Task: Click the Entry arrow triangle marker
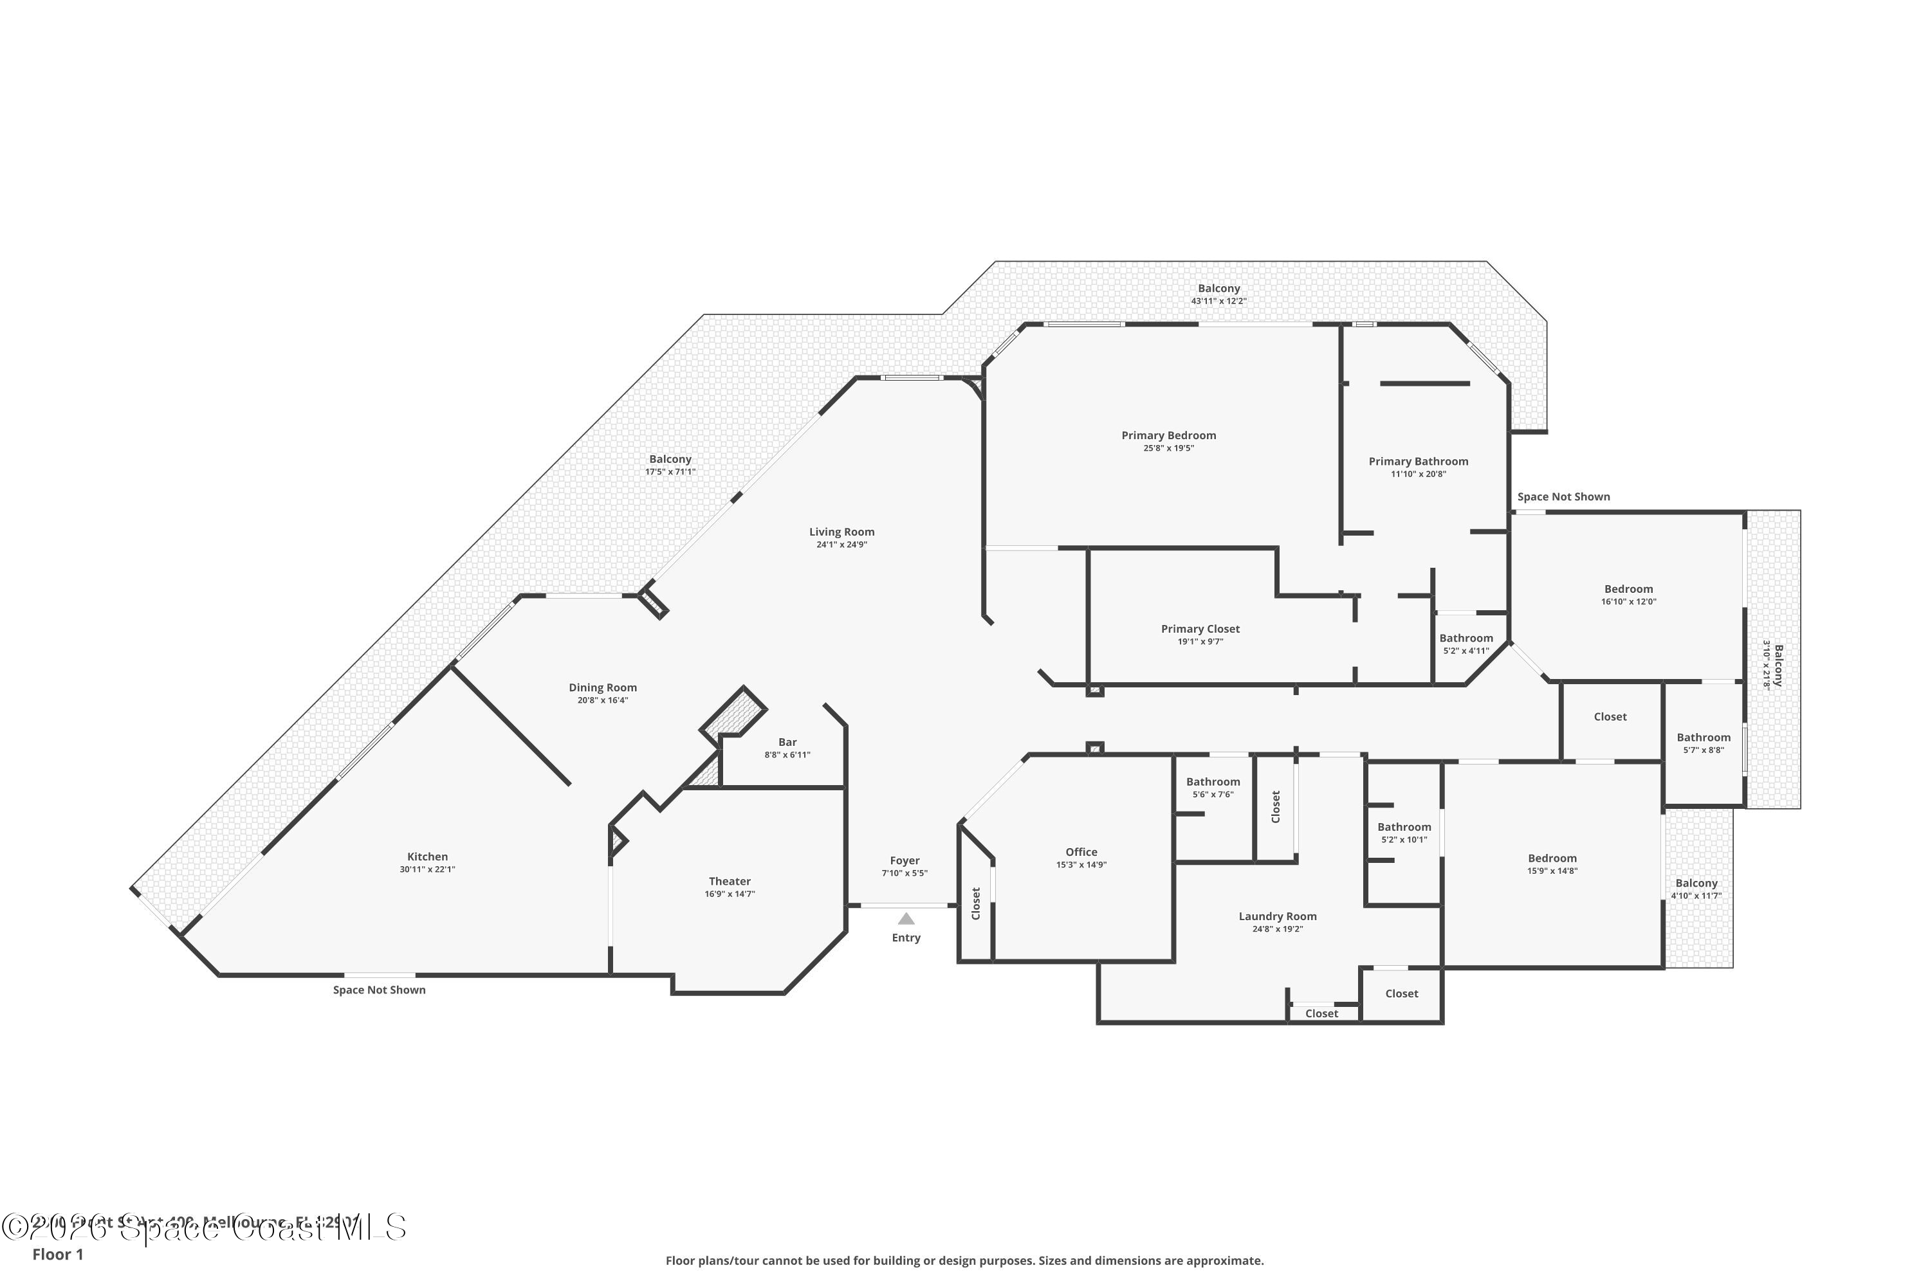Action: [906, 919]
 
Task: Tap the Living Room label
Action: [842, 532]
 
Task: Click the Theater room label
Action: [730, 881]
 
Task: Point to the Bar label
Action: [787, 741]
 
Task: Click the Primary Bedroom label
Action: [1168, 435]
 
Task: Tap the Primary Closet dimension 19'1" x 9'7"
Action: [1200, 641]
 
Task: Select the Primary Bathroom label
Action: [1418, 461]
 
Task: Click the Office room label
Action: [1081, 851]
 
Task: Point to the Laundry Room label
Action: [1278, 916]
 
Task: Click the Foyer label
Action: [905, 860]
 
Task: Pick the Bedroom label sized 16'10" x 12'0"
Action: [1628, 588]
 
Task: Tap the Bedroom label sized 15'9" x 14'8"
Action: [1552, 858]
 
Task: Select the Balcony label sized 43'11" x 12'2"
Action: [1218, 288]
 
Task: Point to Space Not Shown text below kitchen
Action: [379, 990]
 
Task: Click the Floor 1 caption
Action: [57, 1254]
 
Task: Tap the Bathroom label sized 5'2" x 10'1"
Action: [1404, 827]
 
